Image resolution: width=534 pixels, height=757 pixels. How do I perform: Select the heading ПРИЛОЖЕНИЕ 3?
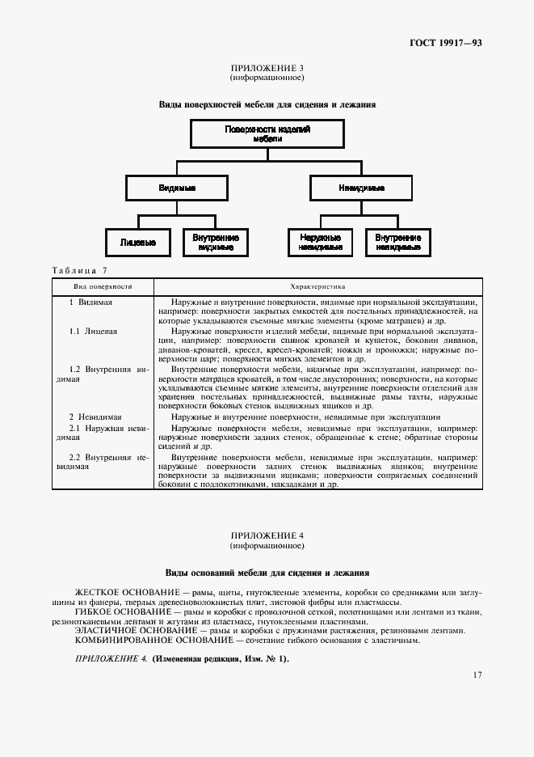[x=267, y=69]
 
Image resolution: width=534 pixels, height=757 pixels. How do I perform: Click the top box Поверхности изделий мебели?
[x=267, y=134]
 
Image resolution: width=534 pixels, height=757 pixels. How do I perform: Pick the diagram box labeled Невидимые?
[x=360, y=188]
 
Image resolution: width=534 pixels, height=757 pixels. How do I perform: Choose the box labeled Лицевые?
[x=137, y=243]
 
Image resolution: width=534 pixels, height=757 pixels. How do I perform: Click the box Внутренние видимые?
[x=215, y=243]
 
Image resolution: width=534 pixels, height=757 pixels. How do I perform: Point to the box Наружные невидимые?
[x=320, y=243]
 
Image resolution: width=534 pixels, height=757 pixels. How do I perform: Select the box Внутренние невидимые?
[x=398, y=243]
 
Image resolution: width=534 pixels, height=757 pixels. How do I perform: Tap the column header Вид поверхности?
[x=103, y=286]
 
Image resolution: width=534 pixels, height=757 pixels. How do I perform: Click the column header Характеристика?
[x=317, y=286]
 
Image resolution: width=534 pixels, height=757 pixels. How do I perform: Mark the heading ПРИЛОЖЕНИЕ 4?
[x=267, y=535]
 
